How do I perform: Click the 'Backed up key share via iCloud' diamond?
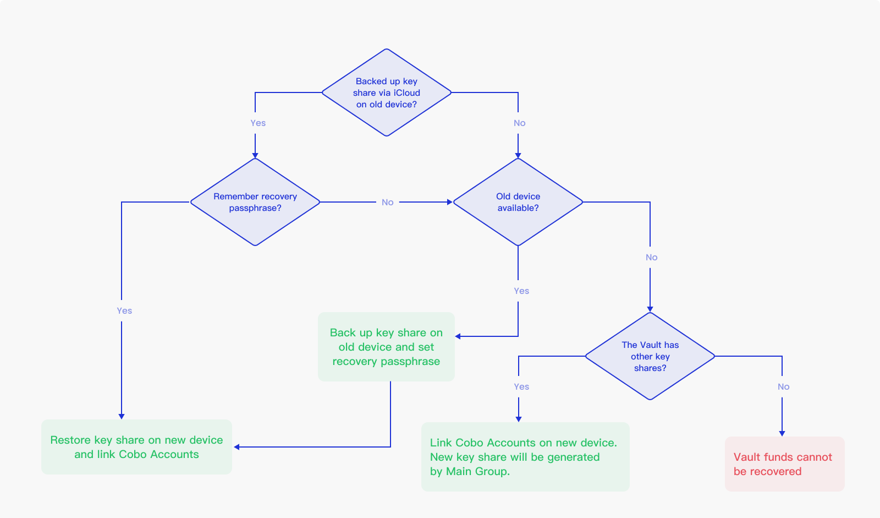387,92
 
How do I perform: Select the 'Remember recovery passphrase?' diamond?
255,202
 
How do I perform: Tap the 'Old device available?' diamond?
518,202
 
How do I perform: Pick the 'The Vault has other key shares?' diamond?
650,356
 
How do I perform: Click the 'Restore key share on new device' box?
136,447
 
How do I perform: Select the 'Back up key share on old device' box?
386,347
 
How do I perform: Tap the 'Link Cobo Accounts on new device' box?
525,457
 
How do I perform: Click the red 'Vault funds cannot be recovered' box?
784,464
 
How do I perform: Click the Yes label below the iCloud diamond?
258,123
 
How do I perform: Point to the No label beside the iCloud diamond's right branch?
519,123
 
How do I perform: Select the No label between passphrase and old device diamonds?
387,203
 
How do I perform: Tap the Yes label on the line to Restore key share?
124,311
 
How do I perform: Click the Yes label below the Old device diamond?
521,291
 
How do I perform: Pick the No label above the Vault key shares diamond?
651,258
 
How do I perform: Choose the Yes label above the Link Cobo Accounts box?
521,387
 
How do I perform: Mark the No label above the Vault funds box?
783,387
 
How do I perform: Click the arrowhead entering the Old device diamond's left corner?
449,202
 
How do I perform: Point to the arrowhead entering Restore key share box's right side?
237,447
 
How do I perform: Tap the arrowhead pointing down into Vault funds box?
782,433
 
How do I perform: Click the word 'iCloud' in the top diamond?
407,93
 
